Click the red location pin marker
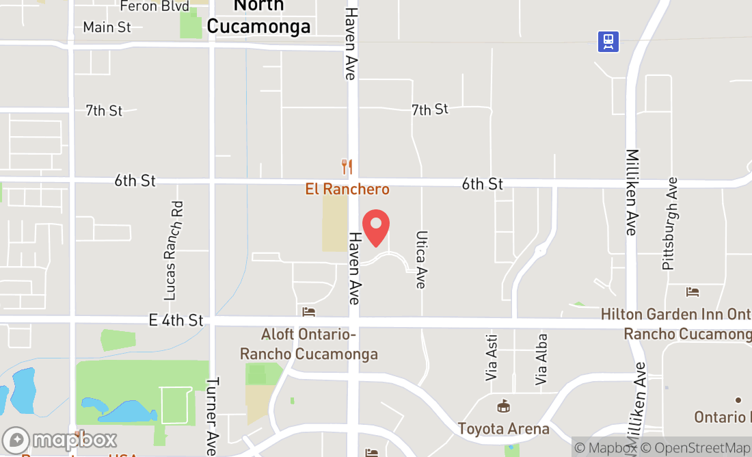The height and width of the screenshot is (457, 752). pos(375,228)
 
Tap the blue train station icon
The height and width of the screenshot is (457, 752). pos(608,42)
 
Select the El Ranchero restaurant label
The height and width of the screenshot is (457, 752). pos(347,189)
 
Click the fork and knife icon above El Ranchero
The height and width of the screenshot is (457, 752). pos(347,166)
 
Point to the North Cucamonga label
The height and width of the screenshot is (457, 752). pos(258,16)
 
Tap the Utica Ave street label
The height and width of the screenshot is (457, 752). pos(421,259)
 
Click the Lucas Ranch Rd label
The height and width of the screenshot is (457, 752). pos(174,250)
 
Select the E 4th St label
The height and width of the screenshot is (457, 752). pos(176,320)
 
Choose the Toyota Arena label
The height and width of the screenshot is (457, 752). pos(504,429)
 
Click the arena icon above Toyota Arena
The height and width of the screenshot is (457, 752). pos(504,406)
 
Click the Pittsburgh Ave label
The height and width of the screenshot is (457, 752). pos(670,223)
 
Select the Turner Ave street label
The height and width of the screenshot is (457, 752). pos(212,417)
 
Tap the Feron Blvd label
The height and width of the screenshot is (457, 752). pos(154,6)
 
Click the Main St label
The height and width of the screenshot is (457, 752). pos(107,27)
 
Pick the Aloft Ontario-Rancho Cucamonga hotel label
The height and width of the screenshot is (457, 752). pos(309,344)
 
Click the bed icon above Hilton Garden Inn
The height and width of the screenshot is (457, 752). pos(693,292)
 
